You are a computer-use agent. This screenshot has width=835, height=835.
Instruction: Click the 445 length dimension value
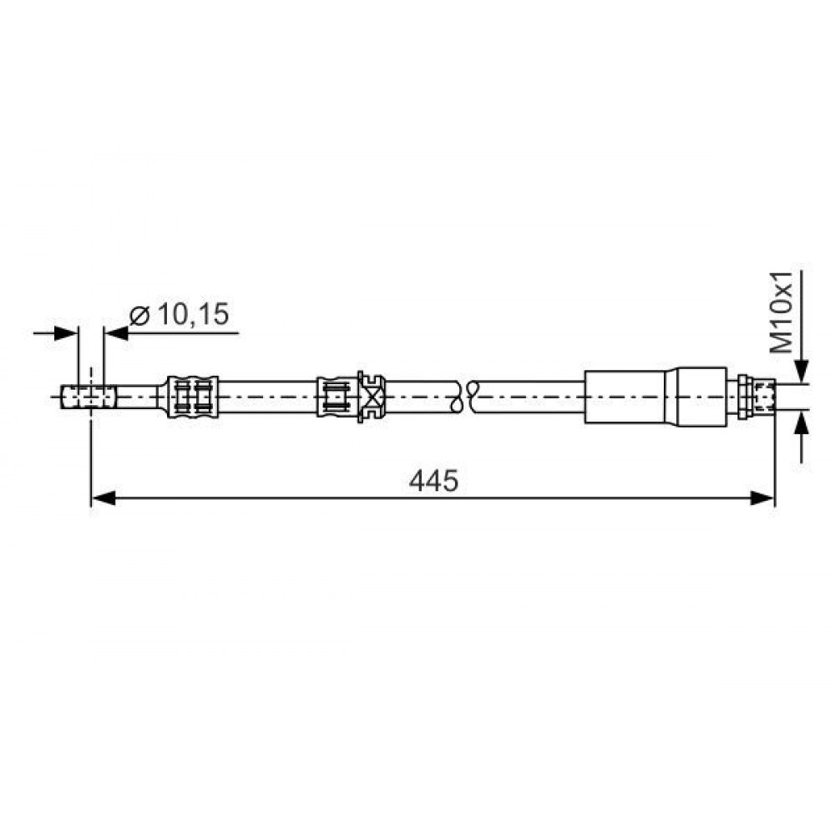click(x=433, y=481)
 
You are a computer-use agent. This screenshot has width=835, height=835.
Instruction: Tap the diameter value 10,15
click(x=194, y=314)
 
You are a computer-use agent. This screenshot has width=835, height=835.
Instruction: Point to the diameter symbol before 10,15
click(x=139, y=316)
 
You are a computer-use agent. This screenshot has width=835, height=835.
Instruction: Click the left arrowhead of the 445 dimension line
click(x=104, y=498)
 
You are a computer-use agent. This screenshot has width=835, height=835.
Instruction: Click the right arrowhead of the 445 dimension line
click(x=762, y=498)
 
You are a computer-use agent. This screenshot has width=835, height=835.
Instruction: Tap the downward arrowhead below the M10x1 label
click(x=802, y=372)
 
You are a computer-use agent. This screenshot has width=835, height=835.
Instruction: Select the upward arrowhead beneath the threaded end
click(x=802, y=421)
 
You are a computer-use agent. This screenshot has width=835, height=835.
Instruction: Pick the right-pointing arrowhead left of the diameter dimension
click(x=67, y=334)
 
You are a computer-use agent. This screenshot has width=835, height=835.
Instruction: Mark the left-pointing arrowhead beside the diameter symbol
click(x=116, y=334)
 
